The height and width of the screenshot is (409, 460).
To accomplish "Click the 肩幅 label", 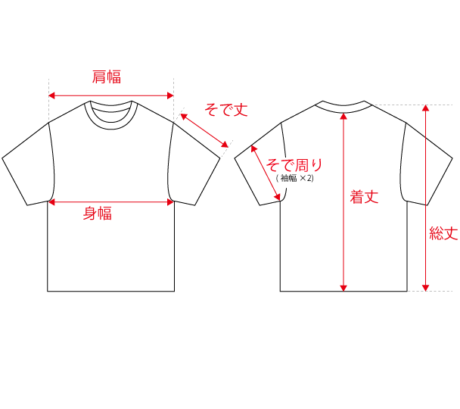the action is tap(107, 77).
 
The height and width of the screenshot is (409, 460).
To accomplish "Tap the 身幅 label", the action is tap(98, 213).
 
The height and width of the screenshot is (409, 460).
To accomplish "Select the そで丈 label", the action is tap(226, 110).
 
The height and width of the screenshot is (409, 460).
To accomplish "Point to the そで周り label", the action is tap(294, 165).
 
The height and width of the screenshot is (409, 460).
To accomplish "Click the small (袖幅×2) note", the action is tap(295, 178).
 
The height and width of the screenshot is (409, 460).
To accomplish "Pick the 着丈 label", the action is tap(364, 197).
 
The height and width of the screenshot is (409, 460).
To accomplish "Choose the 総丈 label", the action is tap(444, 234).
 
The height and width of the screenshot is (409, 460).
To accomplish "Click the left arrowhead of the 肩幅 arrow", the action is tap(52, 95).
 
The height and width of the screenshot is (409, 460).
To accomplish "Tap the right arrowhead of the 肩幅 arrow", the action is tap(170, 95).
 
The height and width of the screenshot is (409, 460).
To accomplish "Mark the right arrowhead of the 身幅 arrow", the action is tap(170, 202).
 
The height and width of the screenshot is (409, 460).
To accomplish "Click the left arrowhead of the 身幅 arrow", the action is tap(52, 202).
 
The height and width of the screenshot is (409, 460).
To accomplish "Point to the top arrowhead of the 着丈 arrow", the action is tap(343, 117).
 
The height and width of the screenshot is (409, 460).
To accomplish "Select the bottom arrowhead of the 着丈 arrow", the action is tap(343, 288).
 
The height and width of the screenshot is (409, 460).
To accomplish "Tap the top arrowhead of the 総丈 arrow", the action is tap(425, 108).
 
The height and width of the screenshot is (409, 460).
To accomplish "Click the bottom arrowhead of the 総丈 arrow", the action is tap(425, 288).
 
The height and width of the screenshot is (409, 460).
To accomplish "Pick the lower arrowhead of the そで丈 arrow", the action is tap(225, 145).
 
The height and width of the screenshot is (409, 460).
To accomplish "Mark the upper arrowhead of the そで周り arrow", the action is tap(253, 148).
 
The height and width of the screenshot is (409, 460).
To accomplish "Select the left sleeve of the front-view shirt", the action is tap(29, 164).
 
